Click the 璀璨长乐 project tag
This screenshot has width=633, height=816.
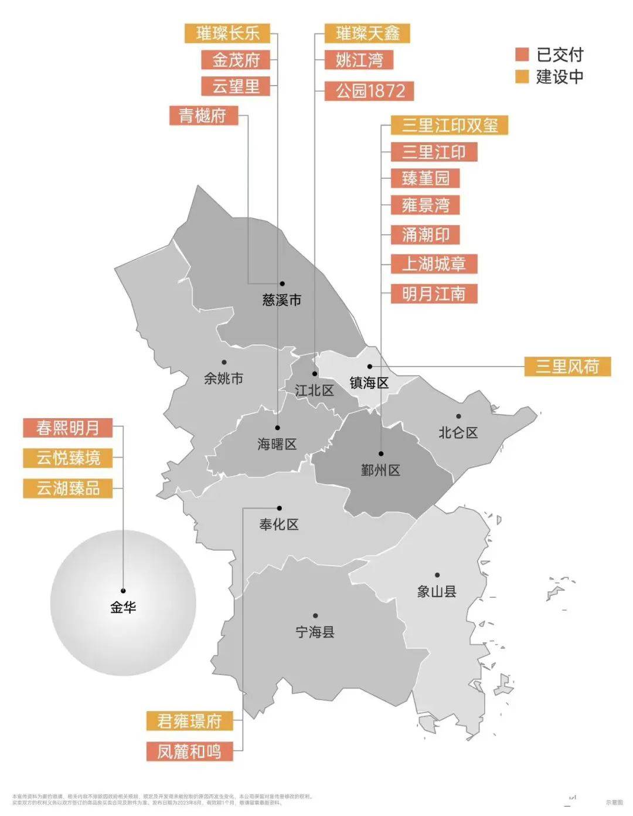(227, 33)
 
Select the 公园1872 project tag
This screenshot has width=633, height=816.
(369, 91)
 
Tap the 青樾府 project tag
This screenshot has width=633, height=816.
(203, 115)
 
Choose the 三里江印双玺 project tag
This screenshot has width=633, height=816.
(449, 125)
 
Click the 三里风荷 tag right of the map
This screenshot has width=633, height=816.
(567, 367)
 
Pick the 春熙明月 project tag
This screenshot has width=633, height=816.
(67, 428)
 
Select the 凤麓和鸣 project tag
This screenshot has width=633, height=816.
(189, 751)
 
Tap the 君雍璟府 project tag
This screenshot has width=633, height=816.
(189, 721)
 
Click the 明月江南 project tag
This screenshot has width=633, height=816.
(434, 293)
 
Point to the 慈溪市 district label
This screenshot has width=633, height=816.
(282, 300)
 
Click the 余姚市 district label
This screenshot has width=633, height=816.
(223, 378)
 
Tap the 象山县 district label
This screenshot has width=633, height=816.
(437, 591)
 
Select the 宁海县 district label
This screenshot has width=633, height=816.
(315, 632)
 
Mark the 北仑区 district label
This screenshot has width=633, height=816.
(458, 433)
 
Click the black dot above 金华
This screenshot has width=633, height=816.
(123, 591)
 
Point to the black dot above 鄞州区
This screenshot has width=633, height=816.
(381, 453)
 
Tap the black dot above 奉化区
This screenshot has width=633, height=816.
(280, 508)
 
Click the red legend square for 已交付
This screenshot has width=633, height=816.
(522, 55)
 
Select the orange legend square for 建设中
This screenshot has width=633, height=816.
(522, 76)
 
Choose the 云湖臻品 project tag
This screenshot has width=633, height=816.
(68, 488)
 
